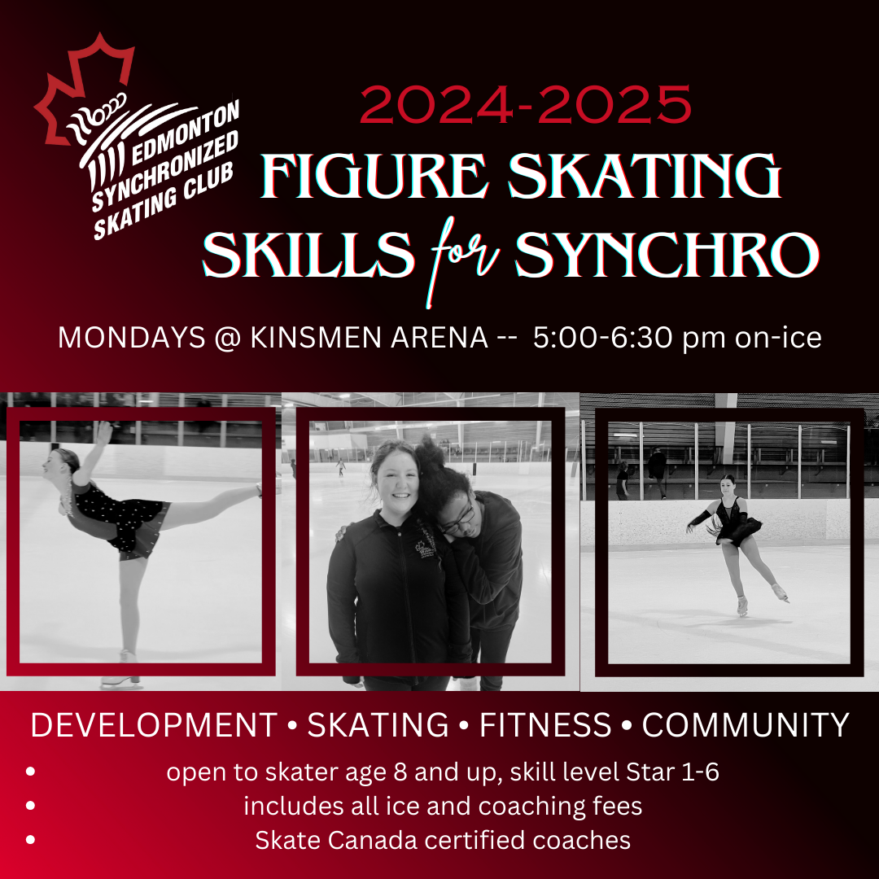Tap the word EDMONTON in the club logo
pos(186,133)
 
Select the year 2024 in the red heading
pos(436,104)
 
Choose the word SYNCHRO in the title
pos(667,255)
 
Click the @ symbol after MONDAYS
pos(227,338)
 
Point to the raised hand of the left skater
pos(103,432)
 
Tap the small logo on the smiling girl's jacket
pos(425,549)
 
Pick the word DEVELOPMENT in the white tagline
pos(154,725)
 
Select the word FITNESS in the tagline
pos(544,725)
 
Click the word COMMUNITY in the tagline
pos(746,725)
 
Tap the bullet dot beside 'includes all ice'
pos(30,806)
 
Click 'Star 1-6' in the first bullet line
pos(672,772)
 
